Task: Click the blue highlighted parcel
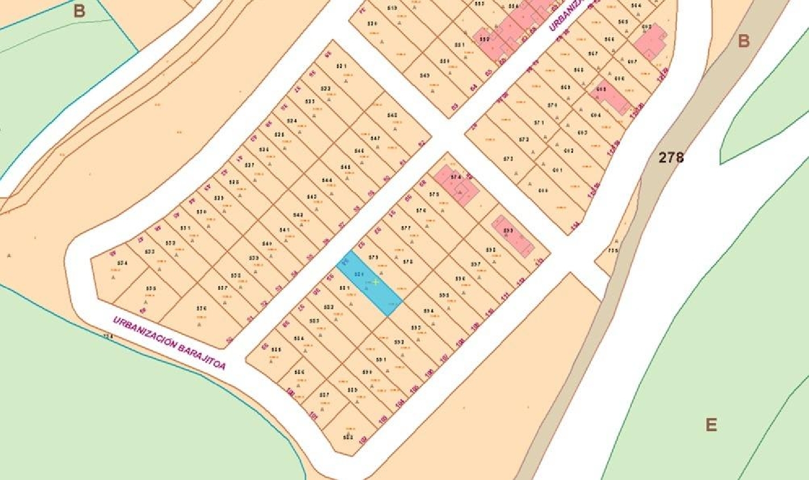(370, 284)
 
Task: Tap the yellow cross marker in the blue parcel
(375, 282)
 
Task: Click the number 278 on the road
(671, 157)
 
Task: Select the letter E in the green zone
(711, 424)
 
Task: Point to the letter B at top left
(79, 10)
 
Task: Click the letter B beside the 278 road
(744, 40)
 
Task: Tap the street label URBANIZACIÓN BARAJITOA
(169, 343)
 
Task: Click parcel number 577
(406, 228)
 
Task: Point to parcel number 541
(285, 230)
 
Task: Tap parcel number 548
(392, 115)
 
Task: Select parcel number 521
(341, 66)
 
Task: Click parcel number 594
(429, 311)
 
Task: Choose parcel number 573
(508, 159)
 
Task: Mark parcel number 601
(557, 170)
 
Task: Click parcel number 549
(424, 76)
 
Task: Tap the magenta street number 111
(505, 296)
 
